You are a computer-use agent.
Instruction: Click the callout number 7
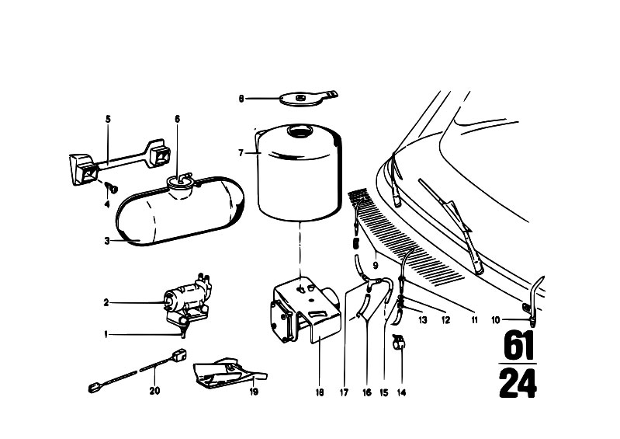tap(241, 153)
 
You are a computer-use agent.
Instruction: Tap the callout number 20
tap(154, 391)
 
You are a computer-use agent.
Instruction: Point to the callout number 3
tap(107, 241)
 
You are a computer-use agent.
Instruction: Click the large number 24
tap(518, 383)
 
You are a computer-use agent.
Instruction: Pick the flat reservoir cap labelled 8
tap(307, 98)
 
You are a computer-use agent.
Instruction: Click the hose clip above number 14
tap(400, 341)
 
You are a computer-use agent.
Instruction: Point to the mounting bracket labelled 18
tap(305, 311)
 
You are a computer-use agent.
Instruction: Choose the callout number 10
tap(495, 320)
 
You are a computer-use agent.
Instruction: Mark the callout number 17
tap(344, 392)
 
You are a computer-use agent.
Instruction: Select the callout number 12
tap(445, 320)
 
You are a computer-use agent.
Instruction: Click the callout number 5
tap(108, 119)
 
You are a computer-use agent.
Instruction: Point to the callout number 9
tap(376, 264)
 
